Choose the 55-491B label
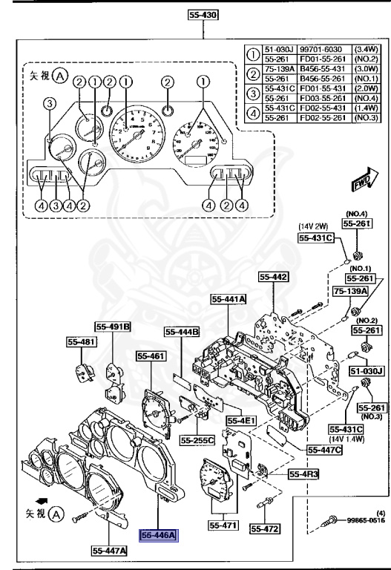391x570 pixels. [x=113, y=326]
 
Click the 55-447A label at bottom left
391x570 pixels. [x=110, y=550]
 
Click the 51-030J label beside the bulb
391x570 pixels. [x=367, y=370]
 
